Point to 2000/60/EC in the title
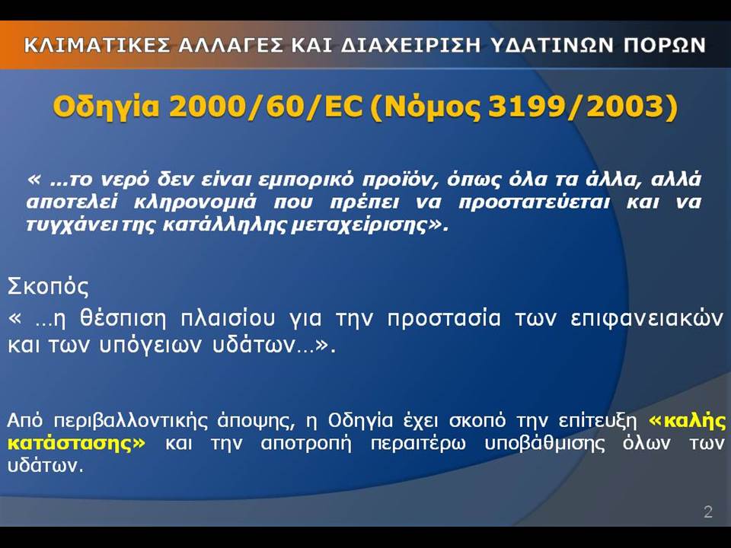click(x=266, y=107)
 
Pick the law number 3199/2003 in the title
click(x=578, y=107)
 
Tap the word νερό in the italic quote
click(x=126, y=180)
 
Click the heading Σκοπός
click(x=48, y=287)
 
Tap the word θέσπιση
click(x=123, y=319)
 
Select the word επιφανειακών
click(x=647, y=320)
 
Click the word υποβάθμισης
click(x=544, y=444)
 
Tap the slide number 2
click(x=708, y=512)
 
